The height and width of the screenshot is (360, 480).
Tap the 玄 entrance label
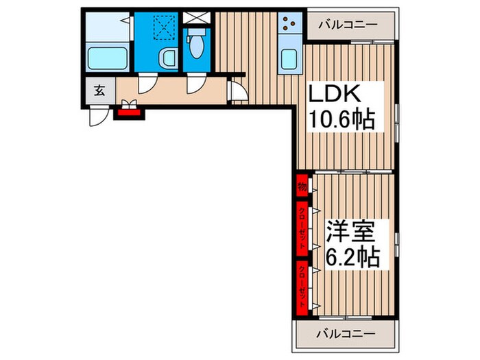coord(99,91)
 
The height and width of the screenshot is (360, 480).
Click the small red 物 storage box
coord(302,185)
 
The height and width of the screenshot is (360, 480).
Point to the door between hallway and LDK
coord(236,90)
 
